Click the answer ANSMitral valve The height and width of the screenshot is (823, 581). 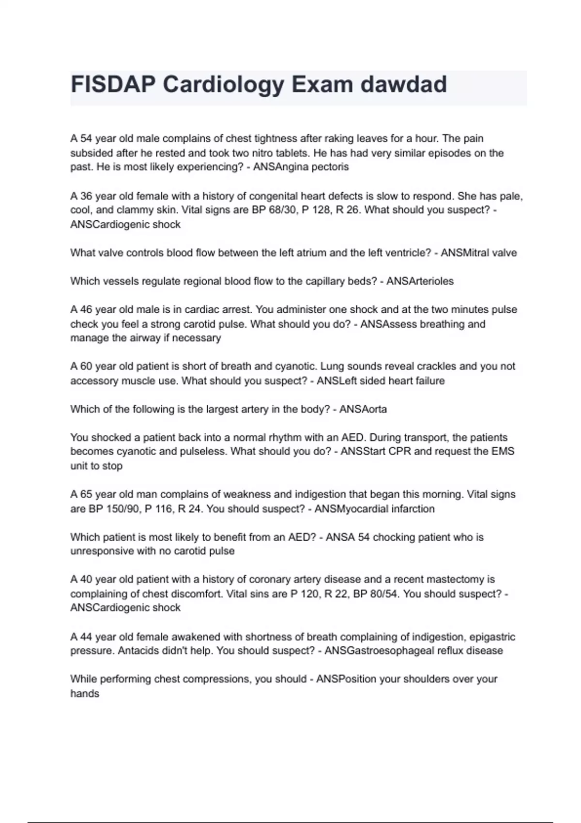[x=479, y=253]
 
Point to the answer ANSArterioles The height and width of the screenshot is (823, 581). [x=420, y=281]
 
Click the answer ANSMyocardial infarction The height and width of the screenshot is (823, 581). [x=374, y=509]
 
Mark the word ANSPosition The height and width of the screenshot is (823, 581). [x=346, y=679]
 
